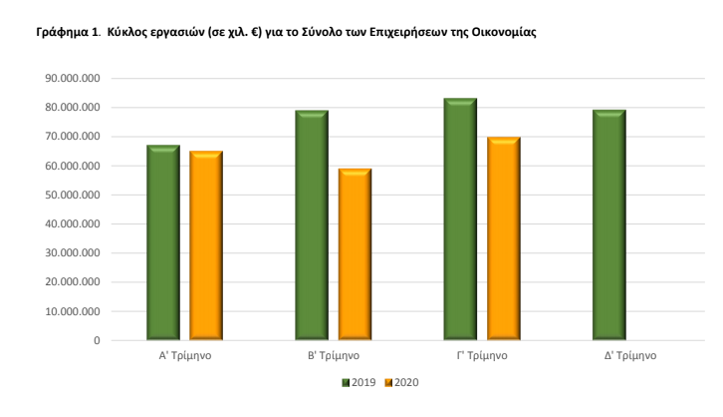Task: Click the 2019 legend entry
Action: click(358, 383)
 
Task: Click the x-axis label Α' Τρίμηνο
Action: click(184, 356)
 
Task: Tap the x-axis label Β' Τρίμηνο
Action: click(334, 356)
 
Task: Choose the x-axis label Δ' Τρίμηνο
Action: click(631, 356)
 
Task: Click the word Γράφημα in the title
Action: click(61, 32)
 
